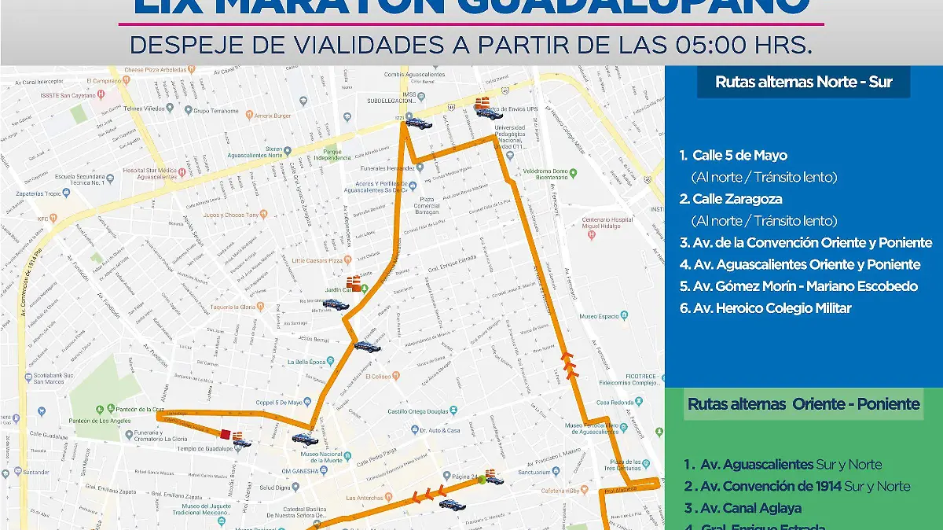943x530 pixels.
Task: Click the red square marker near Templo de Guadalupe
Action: [x=226, y=434]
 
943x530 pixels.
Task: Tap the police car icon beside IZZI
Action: [x=418, y=122]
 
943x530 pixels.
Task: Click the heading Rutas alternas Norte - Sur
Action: [x=803, y=82]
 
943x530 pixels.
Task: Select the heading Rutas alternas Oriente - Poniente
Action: [x=803, y=404]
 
